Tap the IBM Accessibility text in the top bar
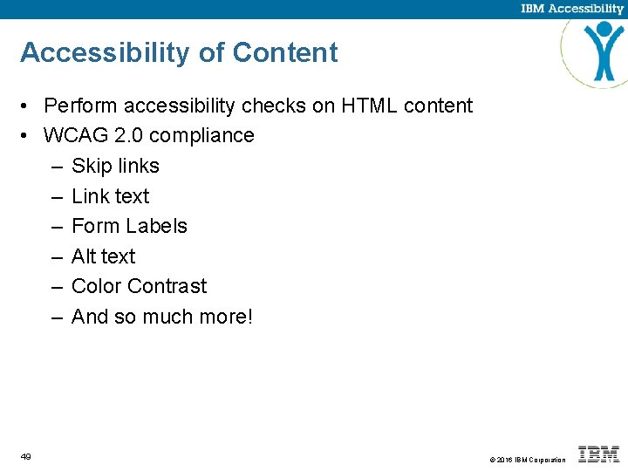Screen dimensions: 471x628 572,9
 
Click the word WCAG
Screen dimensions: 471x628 76,136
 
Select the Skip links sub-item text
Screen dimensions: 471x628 115,166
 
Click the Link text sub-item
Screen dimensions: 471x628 110,196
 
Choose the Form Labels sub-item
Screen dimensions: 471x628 129,226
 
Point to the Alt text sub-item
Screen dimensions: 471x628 103,256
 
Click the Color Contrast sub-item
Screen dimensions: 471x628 139,286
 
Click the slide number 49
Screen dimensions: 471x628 26,456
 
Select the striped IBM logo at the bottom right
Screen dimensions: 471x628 598,454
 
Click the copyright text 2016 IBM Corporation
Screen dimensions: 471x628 531,460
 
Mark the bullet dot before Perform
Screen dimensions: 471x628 28,107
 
